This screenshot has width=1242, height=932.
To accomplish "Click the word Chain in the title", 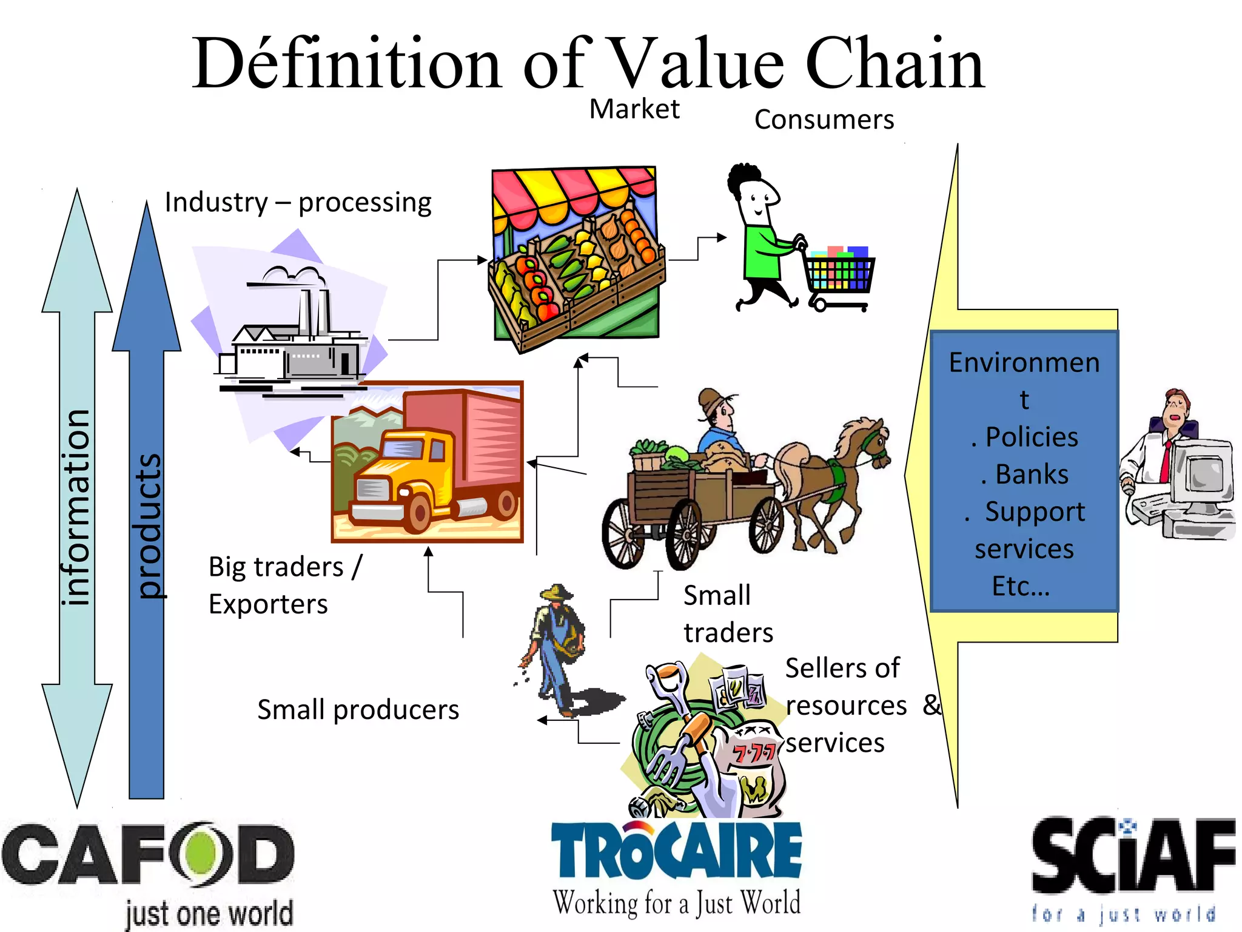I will click(895, 64).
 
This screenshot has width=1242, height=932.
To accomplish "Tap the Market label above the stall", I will click(634, 109).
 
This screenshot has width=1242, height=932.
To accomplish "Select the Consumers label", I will click(824, 120).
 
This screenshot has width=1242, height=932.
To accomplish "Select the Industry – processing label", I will click(298, 203).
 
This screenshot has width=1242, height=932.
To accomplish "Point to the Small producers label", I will click(358, 710).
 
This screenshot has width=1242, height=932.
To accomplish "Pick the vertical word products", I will click(147, 525).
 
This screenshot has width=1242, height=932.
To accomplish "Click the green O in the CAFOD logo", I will click(203, 853).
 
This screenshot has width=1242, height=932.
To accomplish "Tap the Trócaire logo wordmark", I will click(676, 849).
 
